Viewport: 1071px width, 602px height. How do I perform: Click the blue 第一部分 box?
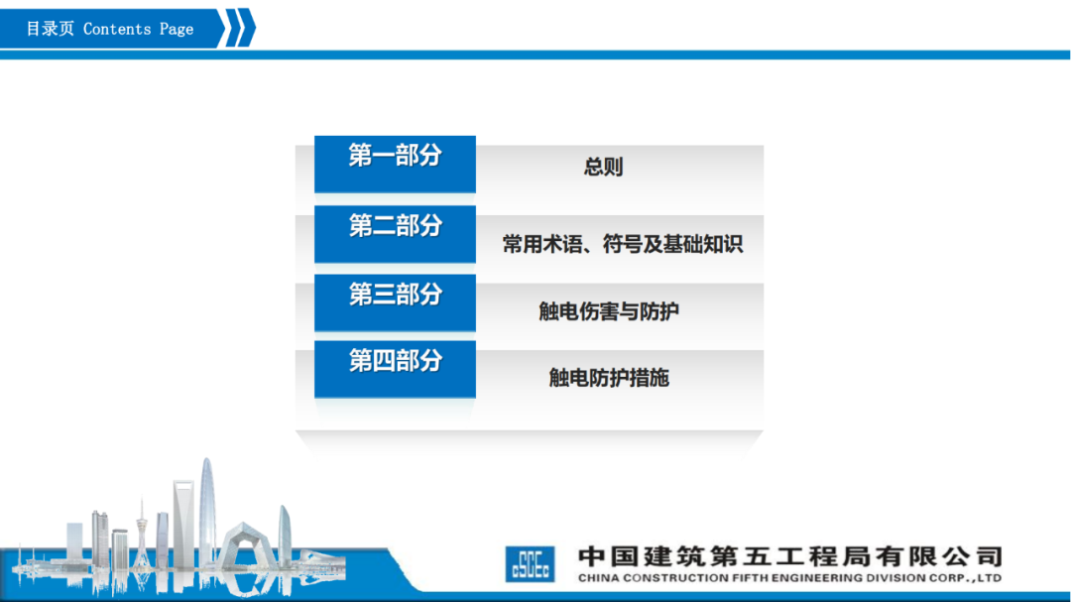(x=395, y=164)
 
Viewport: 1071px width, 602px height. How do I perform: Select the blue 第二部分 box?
(x=395, y=234)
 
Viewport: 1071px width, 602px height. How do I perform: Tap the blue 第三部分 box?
(x=395, y=302)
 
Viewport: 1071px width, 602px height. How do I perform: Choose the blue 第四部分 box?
(x=395, y=369)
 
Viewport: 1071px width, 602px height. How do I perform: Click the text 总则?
(x=603, y=167)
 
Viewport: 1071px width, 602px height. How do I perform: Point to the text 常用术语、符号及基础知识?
(x=622, y=244)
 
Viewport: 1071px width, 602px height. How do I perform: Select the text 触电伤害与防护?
(x=609, y=311)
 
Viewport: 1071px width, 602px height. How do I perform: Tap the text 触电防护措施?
(x=609, y=377)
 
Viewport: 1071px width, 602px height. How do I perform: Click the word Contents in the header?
(x=117, y=29)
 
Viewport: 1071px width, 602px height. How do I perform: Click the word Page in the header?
(x=177, y=30)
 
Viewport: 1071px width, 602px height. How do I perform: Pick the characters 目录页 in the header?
(x=50, y=29)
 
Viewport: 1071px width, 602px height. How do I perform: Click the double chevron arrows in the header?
(x=240, y=28)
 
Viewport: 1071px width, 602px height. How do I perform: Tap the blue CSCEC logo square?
(x=530, y=563)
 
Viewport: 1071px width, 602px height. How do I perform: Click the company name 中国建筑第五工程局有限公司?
(x=790, y=556)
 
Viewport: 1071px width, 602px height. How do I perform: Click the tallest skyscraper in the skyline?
(x=207, y=513)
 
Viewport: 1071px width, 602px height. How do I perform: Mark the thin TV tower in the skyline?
(x=142, y=537)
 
